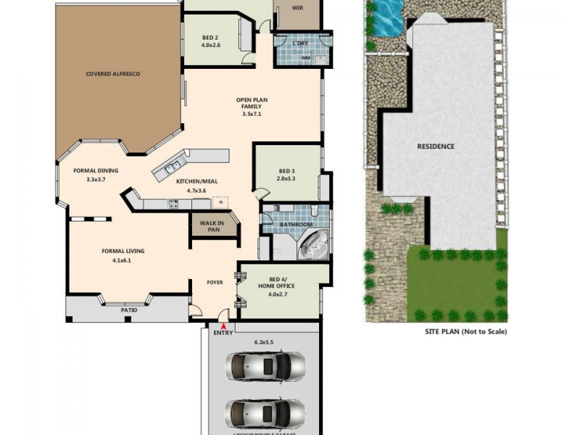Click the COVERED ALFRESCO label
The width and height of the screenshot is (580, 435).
(x=112, y=74)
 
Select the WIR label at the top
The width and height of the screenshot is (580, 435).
(x=297, y=8)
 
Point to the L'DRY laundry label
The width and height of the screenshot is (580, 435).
(x=300, y=43)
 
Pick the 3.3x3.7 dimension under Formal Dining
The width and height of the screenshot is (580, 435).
(x=96, y=179)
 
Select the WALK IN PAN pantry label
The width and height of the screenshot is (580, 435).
(x=213, y=225)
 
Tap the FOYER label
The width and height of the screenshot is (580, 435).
(x=215, y=283)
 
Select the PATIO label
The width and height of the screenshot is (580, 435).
(x=128, y=310)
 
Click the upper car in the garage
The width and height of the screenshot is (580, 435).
(x=265, y=365)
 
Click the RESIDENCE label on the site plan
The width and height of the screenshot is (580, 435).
(x=436, y=146)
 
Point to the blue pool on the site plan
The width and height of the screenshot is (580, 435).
(x=385, y=13)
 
